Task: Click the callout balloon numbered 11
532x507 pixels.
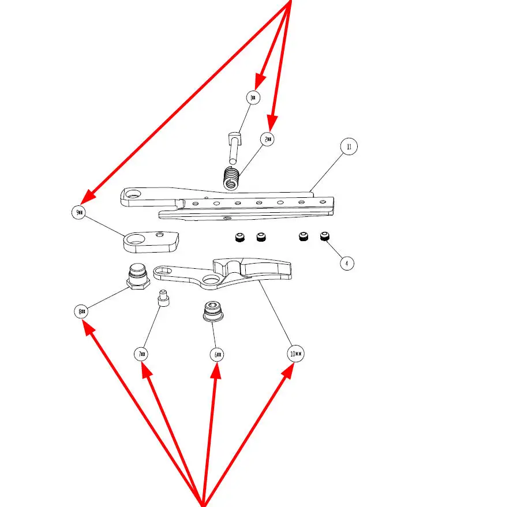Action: [x=349, y=147]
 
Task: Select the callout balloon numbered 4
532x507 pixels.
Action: [x=346, y=263]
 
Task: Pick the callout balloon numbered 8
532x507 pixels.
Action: [x=81, y=312]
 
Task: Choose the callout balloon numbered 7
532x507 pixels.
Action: [x=142, y=354]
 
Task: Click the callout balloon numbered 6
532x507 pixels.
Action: [x=217, y=354]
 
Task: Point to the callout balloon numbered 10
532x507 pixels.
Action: [x=295, y=354]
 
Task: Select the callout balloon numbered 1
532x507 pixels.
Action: [x=253, y=97]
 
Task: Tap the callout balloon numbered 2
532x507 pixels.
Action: [x=268, y=138]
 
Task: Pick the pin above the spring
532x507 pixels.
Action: [x=234, y=147]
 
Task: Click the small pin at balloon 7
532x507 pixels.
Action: [x=163, y=299]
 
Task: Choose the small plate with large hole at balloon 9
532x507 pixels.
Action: [x=151, y=242]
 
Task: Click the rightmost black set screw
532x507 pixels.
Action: [x=325, y=236]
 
